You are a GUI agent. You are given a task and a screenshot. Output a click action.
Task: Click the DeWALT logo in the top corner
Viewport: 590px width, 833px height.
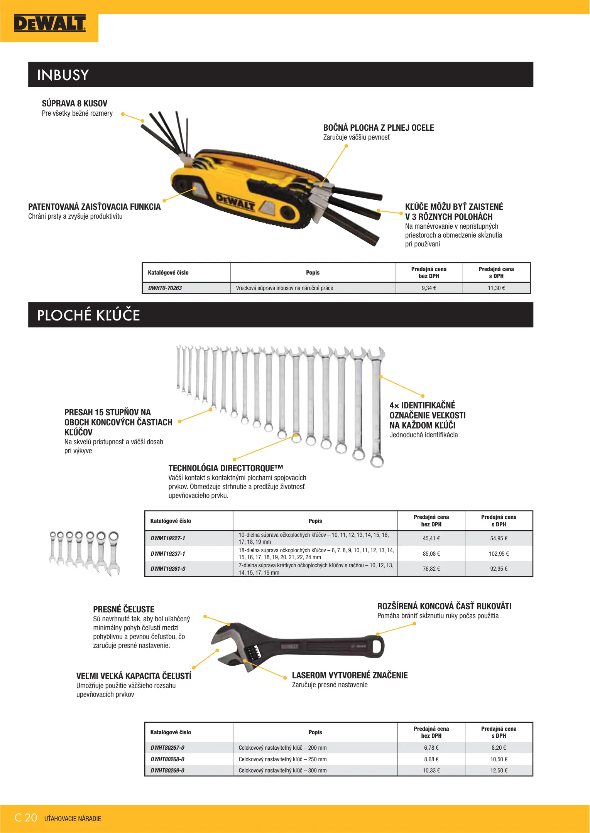[49, 23]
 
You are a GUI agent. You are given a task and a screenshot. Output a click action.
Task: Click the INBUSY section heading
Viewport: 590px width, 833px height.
[63, 75]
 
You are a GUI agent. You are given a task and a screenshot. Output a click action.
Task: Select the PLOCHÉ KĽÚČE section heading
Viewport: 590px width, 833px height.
[88, 315]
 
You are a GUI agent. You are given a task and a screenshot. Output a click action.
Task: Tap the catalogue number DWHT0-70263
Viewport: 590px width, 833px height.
[165, 288]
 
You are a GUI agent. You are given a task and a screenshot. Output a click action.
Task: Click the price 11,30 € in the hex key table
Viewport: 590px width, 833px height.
[496, 288]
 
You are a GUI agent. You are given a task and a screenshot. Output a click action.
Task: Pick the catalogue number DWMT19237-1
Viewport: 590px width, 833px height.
[168, 554]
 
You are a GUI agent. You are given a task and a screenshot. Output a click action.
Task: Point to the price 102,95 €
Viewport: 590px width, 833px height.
[499, 554]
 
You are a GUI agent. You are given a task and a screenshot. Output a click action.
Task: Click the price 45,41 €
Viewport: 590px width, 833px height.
[431, 538]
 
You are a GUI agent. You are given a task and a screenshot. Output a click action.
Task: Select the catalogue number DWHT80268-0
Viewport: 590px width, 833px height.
[167, 759]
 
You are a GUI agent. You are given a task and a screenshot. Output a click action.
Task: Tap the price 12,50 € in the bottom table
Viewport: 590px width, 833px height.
[499, 771]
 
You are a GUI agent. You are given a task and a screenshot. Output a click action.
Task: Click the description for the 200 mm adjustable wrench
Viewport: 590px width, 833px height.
[282, 748]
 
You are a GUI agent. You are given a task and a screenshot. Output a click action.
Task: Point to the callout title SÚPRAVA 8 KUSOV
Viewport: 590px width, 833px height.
[74, 103]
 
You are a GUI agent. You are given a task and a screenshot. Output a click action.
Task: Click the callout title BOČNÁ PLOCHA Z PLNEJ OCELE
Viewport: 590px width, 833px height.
[378, 128]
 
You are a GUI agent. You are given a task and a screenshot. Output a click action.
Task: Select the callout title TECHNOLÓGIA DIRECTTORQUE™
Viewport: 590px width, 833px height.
[226, 468]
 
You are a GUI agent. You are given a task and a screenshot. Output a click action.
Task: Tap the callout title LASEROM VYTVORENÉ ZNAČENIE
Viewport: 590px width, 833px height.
[350, 675]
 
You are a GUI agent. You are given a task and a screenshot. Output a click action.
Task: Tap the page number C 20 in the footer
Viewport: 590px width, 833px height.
[26, 818]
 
